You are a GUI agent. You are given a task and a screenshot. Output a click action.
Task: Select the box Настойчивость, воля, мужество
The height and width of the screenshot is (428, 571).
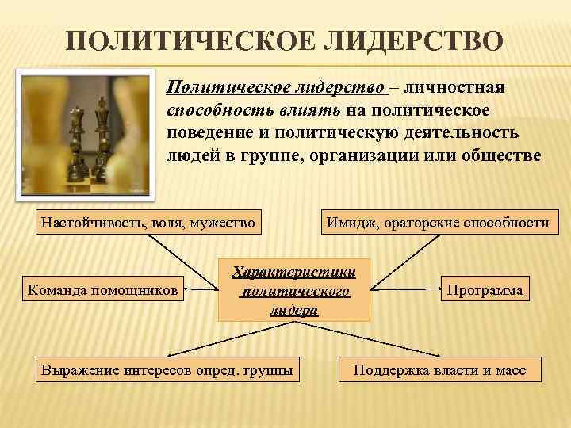click(148, 223)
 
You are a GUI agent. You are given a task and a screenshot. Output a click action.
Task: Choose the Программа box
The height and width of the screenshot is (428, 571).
click(485, 290)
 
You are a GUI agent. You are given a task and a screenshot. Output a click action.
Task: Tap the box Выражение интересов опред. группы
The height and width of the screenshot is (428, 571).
click(166, 369)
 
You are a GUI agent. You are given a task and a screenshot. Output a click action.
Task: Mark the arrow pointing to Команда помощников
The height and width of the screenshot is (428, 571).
click(201, 291)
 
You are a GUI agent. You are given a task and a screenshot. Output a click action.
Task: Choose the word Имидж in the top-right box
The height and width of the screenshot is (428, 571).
click(347, 223)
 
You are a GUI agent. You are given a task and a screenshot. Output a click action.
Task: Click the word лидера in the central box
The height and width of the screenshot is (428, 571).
click(294, 310)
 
